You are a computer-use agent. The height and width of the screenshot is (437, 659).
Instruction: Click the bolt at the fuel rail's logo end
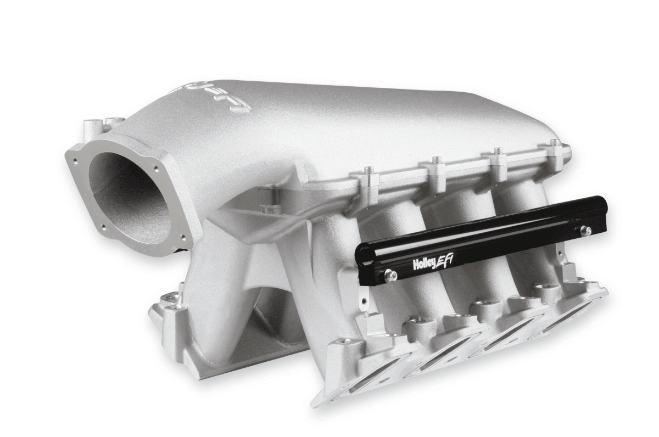pos(390,276)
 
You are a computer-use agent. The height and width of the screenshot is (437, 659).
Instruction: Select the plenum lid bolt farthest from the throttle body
pos(555,143)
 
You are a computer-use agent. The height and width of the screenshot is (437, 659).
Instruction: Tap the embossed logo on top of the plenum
pos(214,98)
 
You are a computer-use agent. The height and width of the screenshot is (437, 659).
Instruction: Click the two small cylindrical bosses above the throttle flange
pos(102,124)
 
